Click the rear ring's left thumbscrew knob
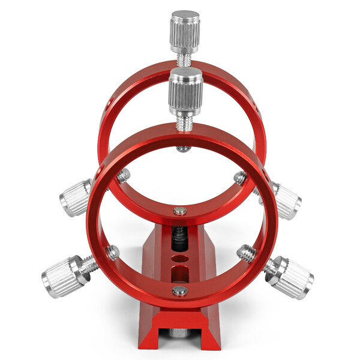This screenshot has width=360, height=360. pos(76,197)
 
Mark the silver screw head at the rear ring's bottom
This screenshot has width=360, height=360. pos(180,211)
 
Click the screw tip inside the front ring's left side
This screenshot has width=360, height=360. pos(113,253)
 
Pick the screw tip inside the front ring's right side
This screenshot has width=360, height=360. pos(244,251)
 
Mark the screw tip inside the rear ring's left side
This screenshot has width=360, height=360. pos(124,175)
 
